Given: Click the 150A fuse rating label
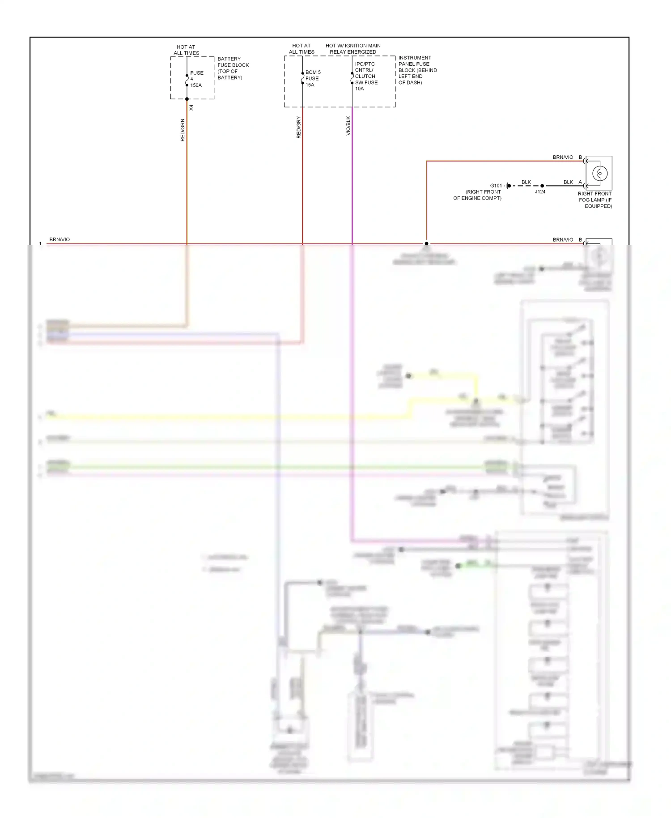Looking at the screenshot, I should click(196, 85).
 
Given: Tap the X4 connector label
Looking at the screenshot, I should click(191, 108).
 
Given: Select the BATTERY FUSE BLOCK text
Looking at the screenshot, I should click(233, 68).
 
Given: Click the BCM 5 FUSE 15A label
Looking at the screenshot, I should click(313, 78).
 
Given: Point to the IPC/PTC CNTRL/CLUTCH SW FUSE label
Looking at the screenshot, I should click(366, 76).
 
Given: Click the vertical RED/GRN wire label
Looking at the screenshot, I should click(183, 130).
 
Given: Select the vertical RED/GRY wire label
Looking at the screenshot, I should click(299, 128).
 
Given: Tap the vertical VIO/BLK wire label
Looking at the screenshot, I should click(348, 126).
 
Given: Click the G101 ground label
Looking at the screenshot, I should click(496, 186).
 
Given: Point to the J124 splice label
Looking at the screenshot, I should click(540, 192).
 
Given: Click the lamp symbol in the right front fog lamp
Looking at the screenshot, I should click(600, 173).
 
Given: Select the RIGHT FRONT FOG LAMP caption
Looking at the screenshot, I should click(595, 200).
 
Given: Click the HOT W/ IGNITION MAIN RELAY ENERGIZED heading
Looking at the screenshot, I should click(353, 49).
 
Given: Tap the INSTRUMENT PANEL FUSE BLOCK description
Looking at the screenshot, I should click(417, 70).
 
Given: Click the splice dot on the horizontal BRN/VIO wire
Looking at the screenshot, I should click(426, 244).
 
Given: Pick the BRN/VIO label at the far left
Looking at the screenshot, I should click(59, 240).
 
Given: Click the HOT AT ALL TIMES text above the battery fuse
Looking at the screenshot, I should click(186, 50).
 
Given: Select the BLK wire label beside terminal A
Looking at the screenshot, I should click(568, 182).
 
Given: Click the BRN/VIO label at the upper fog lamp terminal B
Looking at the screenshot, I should click(563, 158).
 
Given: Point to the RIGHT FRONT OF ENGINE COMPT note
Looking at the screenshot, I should click(477, 195).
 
